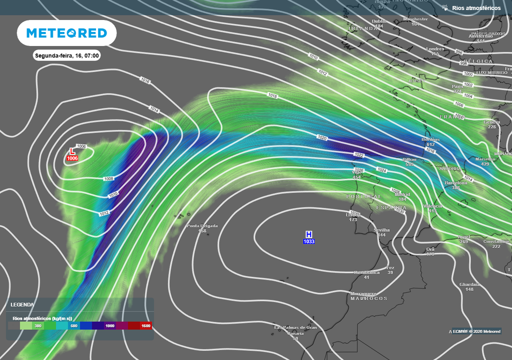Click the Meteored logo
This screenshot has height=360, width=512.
[66, 33]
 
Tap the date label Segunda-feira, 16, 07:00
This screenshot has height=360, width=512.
[67, 55]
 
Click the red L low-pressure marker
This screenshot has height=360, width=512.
[72, 151]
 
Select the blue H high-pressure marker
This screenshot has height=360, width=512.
[309, 234]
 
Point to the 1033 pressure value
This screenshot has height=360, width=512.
[309, 242]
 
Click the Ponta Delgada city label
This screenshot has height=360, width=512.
[202, 226]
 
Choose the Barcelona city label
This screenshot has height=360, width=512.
[456, 183]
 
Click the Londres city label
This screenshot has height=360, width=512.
[435, 49]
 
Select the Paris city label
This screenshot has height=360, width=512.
[457, 86]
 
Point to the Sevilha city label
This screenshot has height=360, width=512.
[382, 230]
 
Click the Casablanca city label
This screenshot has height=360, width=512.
[366, 272]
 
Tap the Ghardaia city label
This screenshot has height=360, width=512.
[469, 284]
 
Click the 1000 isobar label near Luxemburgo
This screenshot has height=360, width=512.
[468, 74]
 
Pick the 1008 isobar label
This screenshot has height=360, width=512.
[108, 178]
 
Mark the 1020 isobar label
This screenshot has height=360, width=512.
[322, 137]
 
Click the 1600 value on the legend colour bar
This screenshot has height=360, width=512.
[145, 326]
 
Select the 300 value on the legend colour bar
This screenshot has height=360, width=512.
[38, 326]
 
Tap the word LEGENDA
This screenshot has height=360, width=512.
[22, 304]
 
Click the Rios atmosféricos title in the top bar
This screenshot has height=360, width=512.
[475, 8]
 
